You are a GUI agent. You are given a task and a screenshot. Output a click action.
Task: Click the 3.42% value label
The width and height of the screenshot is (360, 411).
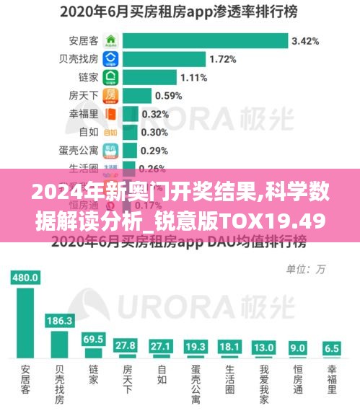click(x=305, y=40)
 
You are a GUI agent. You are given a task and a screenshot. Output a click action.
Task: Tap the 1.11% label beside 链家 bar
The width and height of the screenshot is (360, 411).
click(x=194, y=76)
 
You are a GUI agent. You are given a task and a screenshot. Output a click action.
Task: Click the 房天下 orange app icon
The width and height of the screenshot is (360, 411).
click(x=110, y=95)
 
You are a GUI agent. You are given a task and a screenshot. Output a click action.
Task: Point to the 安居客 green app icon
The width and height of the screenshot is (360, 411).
click(x=110, y=40)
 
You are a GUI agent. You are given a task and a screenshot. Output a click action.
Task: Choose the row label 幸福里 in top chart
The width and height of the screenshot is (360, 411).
click(x=83, y=113)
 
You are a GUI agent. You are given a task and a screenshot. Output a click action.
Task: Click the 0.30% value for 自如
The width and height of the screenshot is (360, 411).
click(x=154, y=132)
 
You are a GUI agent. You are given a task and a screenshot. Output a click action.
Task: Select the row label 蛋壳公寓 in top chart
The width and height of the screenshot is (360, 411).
click(x=79, y=150)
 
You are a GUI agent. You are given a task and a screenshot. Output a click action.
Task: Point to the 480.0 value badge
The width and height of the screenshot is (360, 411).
click(x=25, y=277)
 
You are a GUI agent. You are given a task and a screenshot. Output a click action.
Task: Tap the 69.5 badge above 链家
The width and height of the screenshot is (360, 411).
click(x=93, y=338)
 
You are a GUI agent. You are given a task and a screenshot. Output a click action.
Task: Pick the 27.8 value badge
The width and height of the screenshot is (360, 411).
click(x=127, y=345)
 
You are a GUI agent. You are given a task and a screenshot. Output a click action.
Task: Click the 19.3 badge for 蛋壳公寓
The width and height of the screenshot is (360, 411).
click(x=196, y=346)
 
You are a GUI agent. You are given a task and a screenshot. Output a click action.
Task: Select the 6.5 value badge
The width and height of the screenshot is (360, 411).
click(x=332, y=348)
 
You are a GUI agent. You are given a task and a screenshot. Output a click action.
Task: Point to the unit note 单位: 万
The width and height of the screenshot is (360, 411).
click(x=307, y=269)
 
